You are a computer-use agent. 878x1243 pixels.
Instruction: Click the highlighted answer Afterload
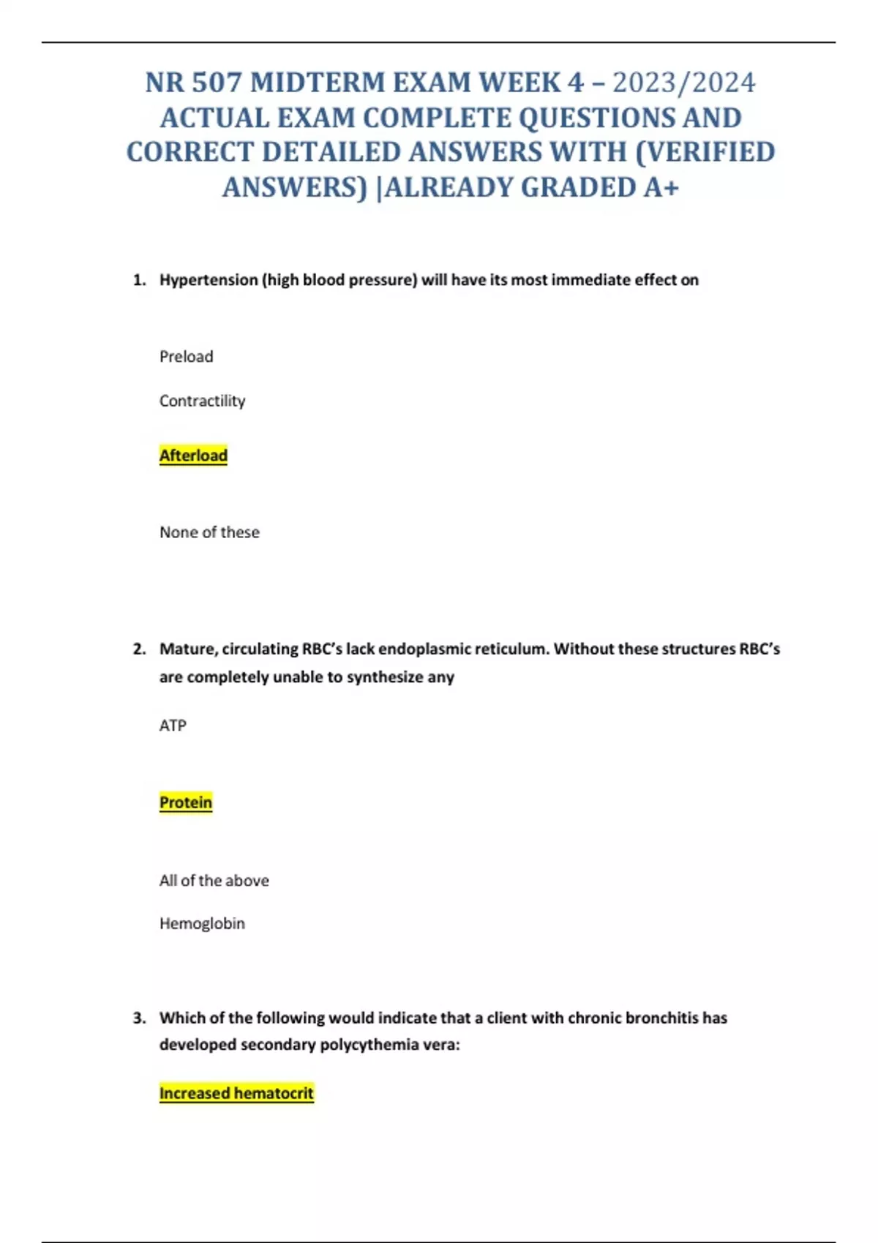193,456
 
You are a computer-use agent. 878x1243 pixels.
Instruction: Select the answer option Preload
187,357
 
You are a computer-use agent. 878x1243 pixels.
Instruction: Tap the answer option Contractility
203,401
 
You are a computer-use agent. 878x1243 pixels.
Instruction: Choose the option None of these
209,532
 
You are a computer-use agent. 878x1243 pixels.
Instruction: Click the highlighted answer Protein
186,802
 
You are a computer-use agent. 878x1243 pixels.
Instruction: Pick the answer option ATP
173,725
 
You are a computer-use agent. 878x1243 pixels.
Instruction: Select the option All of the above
214,880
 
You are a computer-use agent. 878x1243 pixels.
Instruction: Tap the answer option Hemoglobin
202,923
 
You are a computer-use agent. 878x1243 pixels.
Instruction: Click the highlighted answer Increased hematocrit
236,1093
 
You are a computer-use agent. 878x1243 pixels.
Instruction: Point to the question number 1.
139,280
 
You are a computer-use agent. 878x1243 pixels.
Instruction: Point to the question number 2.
139,649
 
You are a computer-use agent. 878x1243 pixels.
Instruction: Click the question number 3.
139,1018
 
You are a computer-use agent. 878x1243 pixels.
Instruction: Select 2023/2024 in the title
683,83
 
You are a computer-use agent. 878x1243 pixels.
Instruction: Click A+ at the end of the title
661,188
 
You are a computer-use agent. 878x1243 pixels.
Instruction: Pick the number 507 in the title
217,83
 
